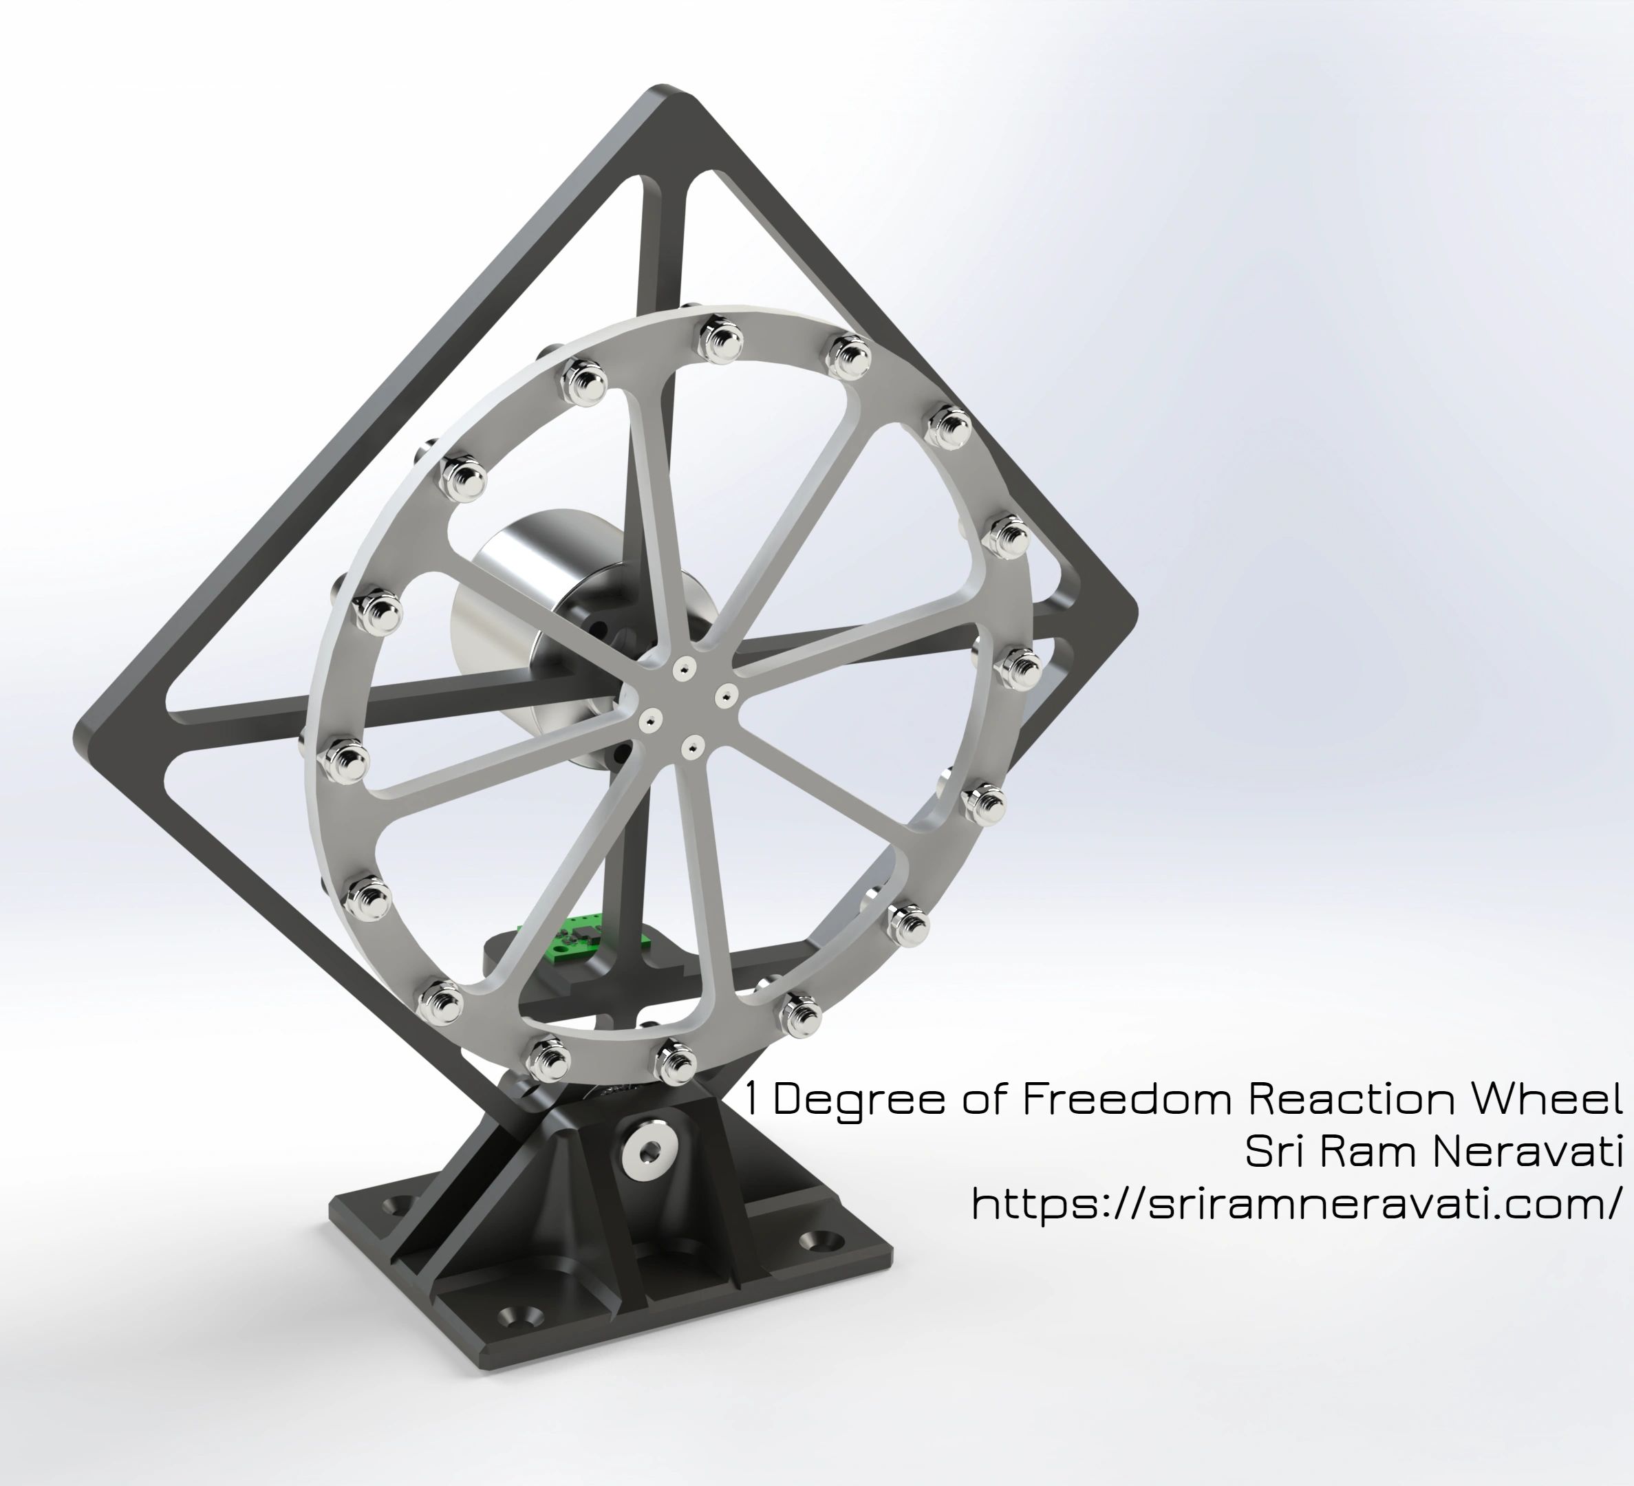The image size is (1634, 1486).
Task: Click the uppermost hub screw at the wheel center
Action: [686, 667]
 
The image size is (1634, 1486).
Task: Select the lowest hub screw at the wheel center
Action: [691, 744]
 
